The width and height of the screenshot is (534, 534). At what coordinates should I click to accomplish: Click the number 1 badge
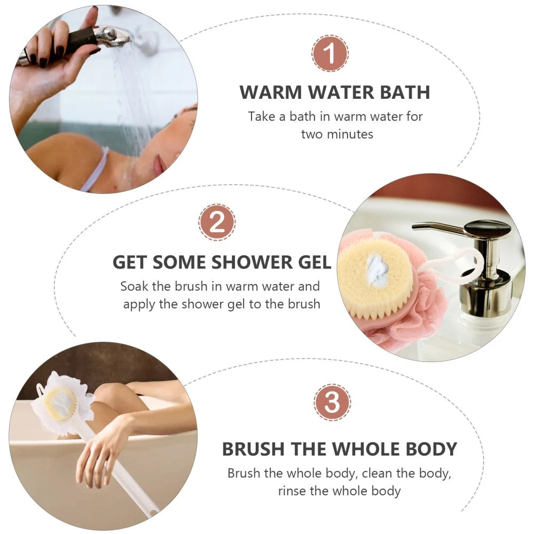tap(330, 53)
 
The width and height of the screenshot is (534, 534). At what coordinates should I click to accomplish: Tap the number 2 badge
tap(216, 222)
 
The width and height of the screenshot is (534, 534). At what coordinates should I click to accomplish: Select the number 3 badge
tap(332, 402)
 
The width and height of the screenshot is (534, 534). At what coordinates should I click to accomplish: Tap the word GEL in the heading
tap(312, 262)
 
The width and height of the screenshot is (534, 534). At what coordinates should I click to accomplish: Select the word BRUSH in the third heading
tap(254, 449)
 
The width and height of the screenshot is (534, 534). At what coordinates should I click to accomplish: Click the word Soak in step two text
tap(134, 286)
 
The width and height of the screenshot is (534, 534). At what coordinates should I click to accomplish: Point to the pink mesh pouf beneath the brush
tap(422, 320)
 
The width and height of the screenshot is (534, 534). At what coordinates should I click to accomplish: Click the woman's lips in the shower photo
tap(159, 166)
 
